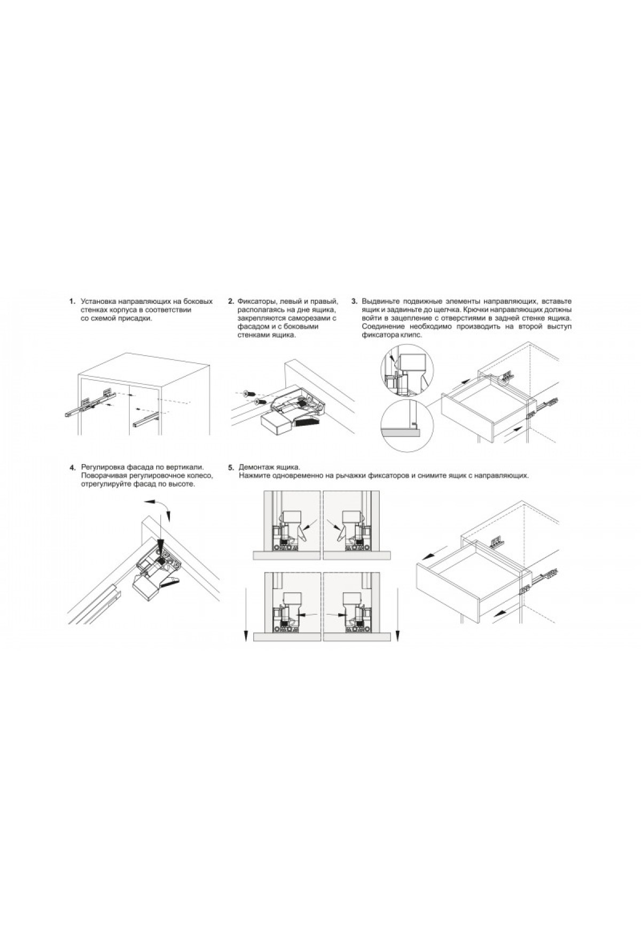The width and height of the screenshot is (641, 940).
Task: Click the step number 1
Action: click(71, 302)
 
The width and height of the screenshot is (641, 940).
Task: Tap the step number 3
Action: click(354, 302)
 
